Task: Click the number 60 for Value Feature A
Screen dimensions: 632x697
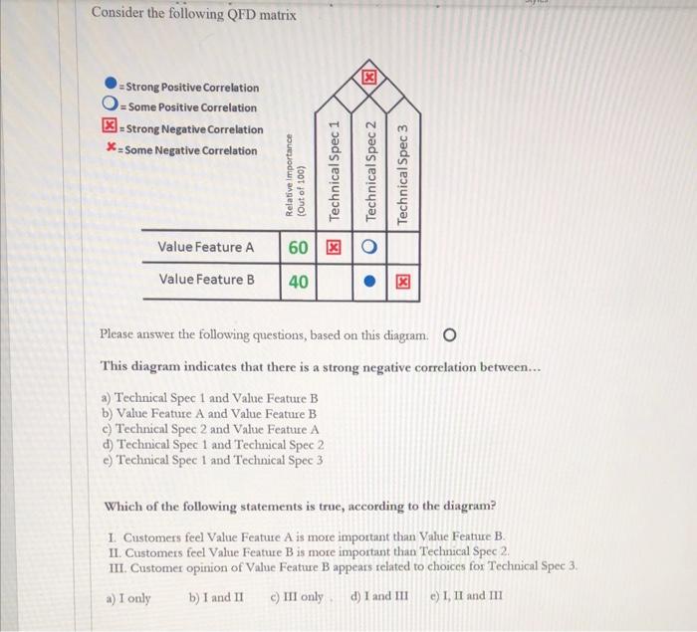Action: (299, 246)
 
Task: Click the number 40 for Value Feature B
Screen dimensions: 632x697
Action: (299, 281)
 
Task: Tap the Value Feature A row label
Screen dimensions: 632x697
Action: (206, 246)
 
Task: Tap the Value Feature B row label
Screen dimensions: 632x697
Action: (206, 280)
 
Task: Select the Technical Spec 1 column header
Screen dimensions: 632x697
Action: (336, 169)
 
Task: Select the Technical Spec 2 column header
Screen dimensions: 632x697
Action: (369, 170)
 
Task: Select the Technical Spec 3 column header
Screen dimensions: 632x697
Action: (403, 174)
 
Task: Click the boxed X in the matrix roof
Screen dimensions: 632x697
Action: (369, 77)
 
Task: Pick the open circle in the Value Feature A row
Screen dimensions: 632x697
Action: (369, 247)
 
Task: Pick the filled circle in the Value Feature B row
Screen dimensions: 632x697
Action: (369, 282)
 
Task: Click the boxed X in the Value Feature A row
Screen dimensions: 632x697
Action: (336, 247)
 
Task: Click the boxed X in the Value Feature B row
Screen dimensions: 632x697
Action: (403, 282)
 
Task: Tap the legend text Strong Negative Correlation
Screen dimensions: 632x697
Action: (191, 129)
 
